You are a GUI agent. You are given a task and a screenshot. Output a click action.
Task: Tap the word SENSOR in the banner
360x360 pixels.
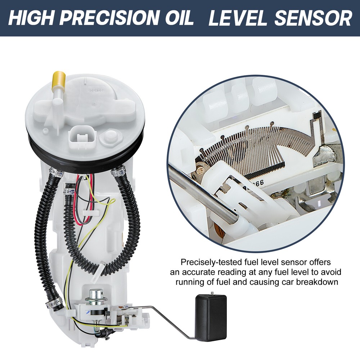coord(313,18)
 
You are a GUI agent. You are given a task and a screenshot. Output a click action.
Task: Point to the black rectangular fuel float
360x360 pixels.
coord(211,318)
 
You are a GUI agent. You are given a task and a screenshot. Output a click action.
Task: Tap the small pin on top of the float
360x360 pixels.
coord(212,294)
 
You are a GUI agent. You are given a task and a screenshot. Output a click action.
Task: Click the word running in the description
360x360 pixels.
coord(190,282)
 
